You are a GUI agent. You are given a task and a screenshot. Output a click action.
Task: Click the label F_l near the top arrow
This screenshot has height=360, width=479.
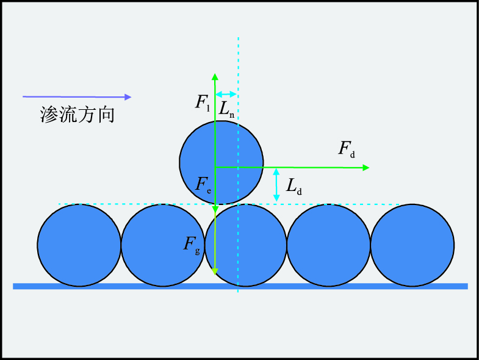click(203, 103)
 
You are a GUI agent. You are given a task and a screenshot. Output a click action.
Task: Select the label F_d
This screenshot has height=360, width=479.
click(346, 149)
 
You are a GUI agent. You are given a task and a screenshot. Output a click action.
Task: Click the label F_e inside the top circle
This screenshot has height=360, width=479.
click(204, 185)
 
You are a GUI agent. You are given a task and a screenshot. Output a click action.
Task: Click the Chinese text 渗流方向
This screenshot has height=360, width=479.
click(77, 115)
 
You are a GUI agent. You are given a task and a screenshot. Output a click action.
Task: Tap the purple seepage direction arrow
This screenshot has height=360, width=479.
click(77, 96)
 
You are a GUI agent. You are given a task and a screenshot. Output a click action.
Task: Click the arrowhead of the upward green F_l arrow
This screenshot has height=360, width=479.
click(215, 76)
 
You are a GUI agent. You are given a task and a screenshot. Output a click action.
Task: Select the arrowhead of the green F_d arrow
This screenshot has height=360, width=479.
click(366, 167)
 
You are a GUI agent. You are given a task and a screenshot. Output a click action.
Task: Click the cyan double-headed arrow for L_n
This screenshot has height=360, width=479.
click(226, 94)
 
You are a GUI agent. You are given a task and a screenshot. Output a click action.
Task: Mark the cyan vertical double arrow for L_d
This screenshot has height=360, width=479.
click(276, 185)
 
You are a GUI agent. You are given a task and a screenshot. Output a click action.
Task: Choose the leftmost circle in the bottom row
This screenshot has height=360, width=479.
click(79, 245)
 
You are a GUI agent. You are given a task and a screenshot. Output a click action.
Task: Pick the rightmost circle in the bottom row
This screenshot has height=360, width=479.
click(412, 245)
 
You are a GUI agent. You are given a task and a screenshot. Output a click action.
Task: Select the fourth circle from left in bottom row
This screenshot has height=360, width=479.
click(329, 245)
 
